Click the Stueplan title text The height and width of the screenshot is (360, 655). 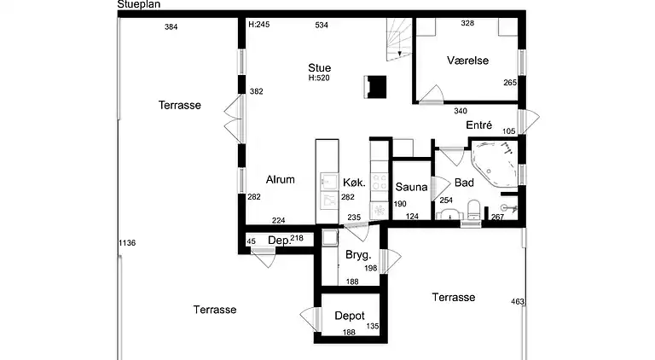[139, 4]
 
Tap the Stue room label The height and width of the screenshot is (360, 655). [320, 67]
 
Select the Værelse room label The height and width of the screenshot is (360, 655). [467, 61]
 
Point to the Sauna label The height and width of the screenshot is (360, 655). [411, 187]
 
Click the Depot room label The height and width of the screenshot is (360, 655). [350, 316]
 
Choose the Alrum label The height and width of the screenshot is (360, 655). [281, 180]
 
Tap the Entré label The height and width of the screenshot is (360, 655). [479, 125]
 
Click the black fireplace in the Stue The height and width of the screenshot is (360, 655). [375, 87]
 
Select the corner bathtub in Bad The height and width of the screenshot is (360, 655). [494, 163]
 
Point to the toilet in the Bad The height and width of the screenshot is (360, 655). [473, 210]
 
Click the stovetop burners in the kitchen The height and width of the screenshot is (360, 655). [380, 181]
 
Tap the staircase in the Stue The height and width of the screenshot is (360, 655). [399, 40]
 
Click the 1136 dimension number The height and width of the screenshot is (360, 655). [127, 243]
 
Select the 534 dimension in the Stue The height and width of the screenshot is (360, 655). [322, 26]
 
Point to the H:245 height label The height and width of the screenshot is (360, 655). [259, 25]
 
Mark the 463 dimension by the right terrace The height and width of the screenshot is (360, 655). [518, 301]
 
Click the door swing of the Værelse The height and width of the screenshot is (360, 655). [432, 94]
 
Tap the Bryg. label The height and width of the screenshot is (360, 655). [358, 255]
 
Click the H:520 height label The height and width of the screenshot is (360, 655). [319, 78]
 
